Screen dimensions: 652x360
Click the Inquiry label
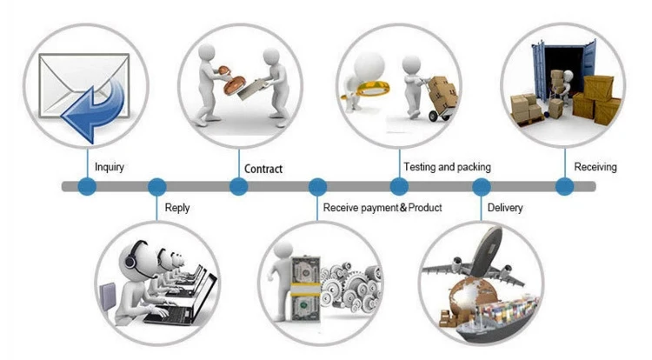coord(109,166)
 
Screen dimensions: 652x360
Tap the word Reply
coord(177,208)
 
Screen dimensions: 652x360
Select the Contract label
coord(263,169)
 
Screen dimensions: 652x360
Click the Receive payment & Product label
coord(383,208)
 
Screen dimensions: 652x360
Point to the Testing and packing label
coord(447,166)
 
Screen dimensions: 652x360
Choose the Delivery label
coord(505,208)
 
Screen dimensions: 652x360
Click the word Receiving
coord(595,166)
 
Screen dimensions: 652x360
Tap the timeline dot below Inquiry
coord(86,186)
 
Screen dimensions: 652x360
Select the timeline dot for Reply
coord(156,186)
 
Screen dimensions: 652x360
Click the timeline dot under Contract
coord(238,186)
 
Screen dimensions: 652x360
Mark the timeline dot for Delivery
coord(481,186)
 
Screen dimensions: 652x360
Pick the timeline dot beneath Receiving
coord(564,186)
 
